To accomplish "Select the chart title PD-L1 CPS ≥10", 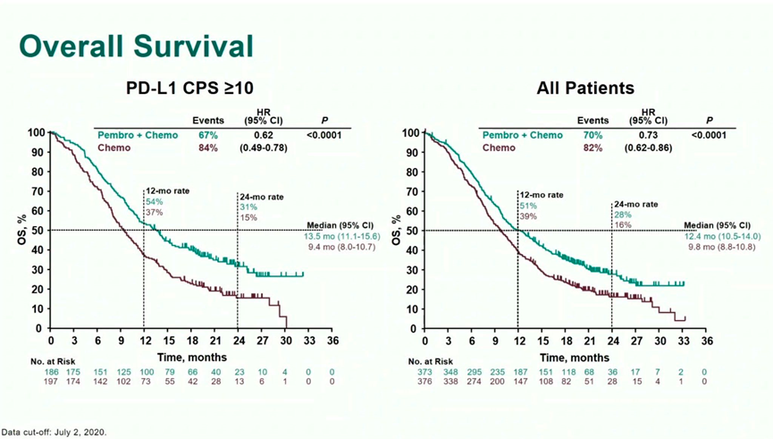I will pyautogui.click(x=190, y=89).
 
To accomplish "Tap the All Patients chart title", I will pyautogui.click(x=585, y=89).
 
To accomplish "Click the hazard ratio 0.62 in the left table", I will pyautogui.click(x=263, y=135).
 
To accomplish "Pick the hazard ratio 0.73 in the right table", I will pyautogui.click(x=648, y=135).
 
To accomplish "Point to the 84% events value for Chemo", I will pyautogui.click(x=207, y=148).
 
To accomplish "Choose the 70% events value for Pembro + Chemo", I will pyautogui.click(x=592, y=135).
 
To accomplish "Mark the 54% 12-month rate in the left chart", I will pyautogui.click(x=155, y=202).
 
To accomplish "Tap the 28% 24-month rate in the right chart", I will pyautogui.click(x=622, y=215).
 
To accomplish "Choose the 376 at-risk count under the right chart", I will pyautogui.click(x=428, y=382).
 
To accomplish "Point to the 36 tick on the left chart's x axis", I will pyautogui.click(x=332, y=342).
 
